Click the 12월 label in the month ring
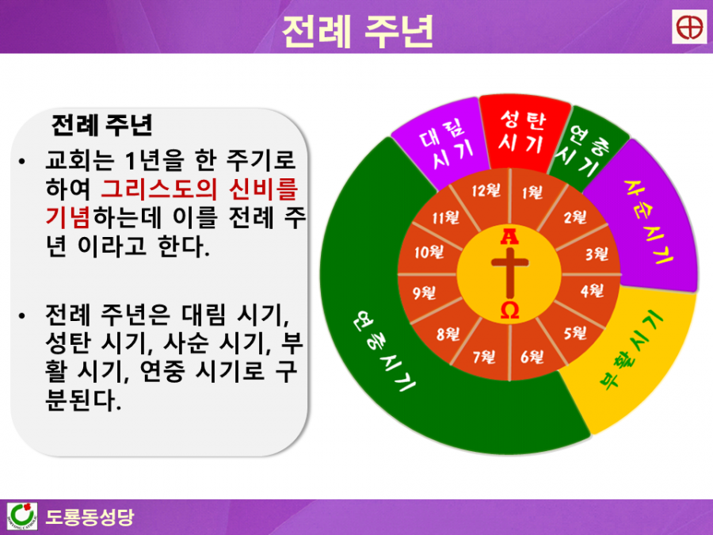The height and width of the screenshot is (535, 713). point(486,190)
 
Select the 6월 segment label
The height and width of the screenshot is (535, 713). point(532,357)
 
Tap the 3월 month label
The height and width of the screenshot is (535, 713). point(597,254)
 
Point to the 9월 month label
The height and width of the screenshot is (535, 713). point(424,292)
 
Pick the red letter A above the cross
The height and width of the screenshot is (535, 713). point(509,236)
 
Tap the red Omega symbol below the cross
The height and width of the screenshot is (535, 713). point(509,310)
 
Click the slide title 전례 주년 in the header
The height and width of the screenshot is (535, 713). point(357,31)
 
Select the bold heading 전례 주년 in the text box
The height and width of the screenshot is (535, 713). point(102,124)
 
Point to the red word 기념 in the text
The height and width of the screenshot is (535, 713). point(68,217)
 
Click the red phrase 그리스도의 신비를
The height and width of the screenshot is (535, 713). point(199,189)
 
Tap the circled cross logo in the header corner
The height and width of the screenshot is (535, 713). point(689,27)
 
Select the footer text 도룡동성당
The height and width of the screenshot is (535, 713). point(90,517)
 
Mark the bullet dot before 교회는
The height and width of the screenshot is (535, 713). point(22,162)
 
